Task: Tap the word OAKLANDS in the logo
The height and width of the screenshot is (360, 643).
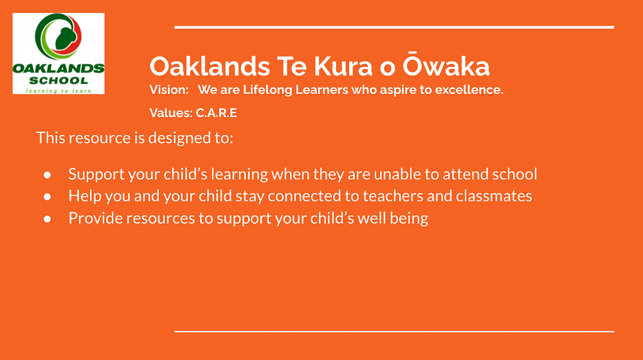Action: pos(59,69)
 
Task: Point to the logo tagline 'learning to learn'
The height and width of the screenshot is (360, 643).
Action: pos(59,91)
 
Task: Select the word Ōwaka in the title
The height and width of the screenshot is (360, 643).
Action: pos(446,65)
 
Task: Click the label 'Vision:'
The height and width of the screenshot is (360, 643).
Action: pos(169,90)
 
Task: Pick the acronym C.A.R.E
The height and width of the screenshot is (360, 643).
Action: pos(217,113)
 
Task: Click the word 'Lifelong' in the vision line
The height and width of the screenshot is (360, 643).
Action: pos(267,90)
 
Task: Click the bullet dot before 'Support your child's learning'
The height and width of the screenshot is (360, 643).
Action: pos(48,175)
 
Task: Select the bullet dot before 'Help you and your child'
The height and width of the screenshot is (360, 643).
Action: pos(48,197)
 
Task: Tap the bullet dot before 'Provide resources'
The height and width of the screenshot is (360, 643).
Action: pos(48,219)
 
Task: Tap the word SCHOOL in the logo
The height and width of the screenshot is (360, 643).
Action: pos(59,80)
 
